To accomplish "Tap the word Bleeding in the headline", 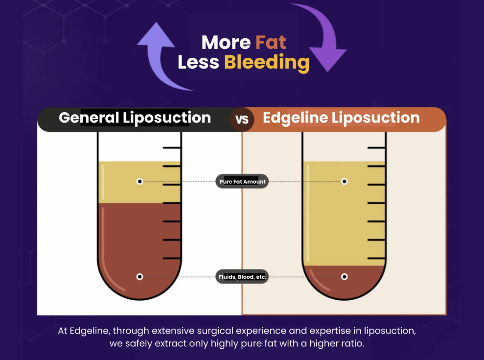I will point(267,63).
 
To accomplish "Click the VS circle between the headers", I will point(242,120).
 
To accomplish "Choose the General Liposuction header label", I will point(135,118).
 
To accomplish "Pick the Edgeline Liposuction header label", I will point(341,118).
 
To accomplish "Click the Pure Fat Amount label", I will point(242,182).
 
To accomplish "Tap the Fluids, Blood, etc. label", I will point(242,277).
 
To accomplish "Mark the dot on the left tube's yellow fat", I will point(140,182).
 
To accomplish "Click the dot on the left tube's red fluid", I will point(140,277).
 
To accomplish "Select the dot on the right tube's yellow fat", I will point(345,182).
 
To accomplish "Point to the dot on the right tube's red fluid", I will point(345,277).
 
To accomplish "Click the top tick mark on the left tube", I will point(172,147).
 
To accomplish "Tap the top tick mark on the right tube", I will point(376,147).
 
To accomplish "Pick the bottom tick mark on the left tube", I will point(172,258).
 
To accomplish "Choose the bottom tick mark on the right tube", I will point(376,258).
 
